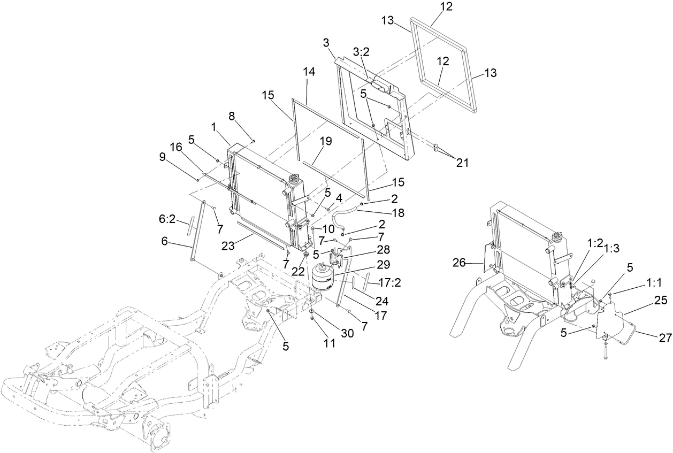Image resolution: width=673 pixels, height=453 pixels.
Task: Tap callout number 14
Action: pyautogui.click(x=309, y=71)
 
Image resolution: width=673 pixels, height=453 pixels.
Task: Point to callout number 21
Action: pyautogui.click(x=462, y=163)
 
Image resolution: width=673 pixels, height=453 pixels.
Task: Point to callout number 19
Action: pyautogui.click(x=326, y=141)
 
